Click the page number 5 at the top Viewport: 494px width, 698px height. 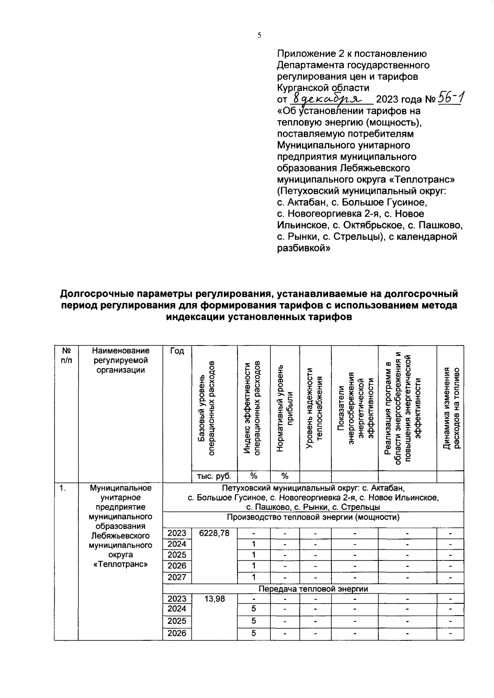pyautogui.click(x=259, y=36)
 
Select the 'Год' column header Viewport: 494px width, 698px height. pyautogui.click(x=177, y=351)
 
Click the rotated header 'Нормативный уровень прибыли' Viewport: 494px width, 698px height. pyautogui.click(x=285, y=408)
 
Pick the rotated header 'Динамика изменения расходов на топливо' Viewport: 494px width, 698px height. pyautogui.click(x=450, y=408)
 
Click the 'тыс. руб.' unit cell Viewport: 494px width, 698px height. pyautogui.click(x=214, y=476)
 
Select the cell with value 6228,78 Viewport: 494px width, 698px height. pyautogui.click(x=214, y=533)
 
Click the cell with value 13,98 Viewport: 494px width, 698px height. pyautogui.click(x=214, y=599)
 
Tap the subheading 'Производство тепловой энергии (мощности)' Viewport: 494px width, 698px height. pyautogui.click(x=313, y=517)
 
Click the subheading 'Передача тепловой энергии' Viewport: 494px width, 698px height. pyautogui.click(x=313, y=589)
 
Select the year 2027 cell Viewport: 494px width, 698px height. pyautogui.click(x=177, y=577)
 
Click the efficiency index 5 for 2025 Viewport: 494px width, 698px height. pyautogui.click(x=254, y=621)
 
